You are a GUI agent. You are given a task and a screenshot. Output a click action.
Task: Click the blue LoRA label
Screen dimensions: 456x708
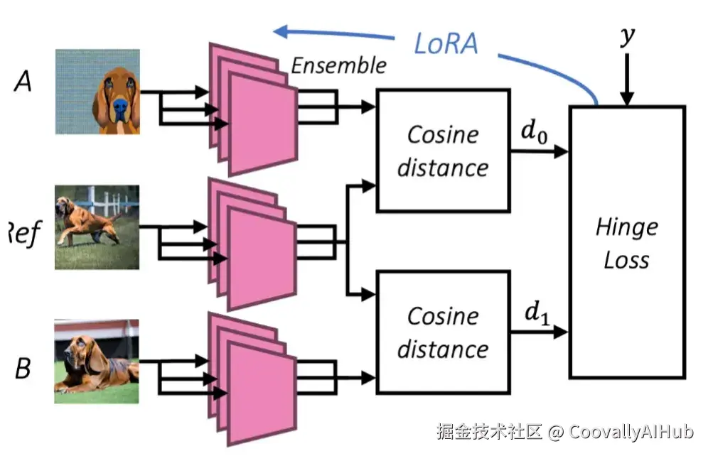[x=446, y=43]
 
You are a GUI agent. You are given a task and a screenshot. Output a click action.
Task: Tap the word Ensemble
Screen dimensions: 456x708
[x=338, y=66]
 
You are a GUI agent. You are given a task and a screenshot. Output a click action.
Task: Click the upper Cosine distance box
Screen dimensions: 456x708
[x=443, y=150]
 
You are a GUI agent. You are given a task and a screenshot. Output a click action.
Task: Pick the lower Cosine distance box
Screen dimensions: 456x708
[x=443, y=332]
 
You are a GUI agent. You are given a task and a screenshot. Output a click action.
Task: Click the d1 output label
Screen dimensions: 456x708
[x=535, y=313]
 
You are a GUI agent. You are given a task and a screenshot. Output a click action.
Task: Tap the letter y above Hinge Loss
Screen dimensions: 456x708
[x=626, y=35]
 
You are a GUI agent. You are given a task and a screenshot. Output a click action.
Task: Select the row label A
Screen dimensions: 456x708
[x=23, y=82]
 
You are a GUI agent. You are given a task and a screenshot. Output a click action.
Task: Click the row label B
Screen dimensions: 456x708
[x=23, y=369]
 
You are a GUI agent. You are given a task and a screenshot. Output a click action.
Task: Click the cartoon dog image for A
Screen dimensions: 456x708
[x=97, y=92]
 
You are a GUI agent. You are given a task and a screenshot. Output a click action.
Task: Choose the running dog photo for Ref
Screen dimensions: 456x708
[x=97, y=227]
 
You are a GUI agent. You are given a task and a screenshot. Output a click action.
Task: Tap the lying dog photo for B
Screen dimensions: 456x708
[x=97, y=362]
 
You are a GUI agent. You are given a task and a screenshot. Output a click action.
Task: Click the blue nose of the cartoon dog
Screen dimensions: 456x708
[x=121, y=108]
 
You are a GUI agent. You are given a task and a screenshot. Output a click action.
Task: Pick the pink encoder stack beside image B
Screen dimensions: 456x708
[x=252, y=377]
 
